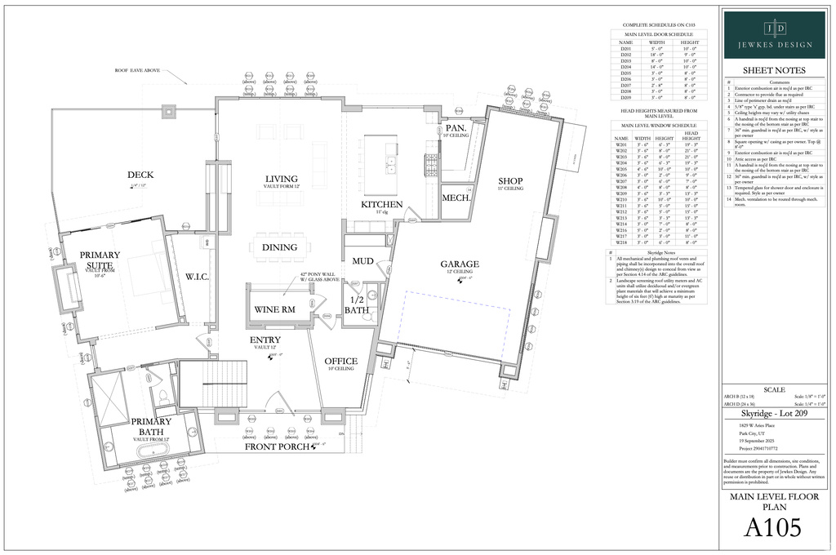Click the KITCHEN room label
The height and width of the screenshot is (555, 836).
pos(382,204)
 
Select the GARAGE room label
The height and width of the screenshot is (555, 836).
pos(460,264)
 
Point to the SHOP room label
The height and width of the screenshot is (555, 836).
pos(510,180)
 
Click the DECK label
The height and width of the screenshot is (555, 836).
pos(140,175)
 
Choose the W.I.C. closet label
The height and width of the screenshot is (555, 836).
pos(198,277)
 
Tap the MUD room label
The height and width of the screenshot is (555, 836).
pos(363,261)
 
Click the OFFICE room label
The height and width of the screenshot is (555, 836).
pos(340,361)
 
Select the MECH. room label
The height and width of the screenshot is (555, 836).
pos(454,198)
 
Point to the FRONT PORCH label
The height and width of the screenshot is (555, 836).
pos(278,446)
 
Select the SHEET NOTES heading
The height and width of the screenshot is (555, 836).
pos(774,70)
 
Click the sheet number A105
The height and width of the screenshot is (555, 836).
pos(773,529)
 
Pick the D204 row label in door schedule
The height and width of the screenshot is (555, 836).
pos(626,67)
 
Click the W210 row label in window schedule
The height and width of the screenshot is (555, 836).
pos(621,199)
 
